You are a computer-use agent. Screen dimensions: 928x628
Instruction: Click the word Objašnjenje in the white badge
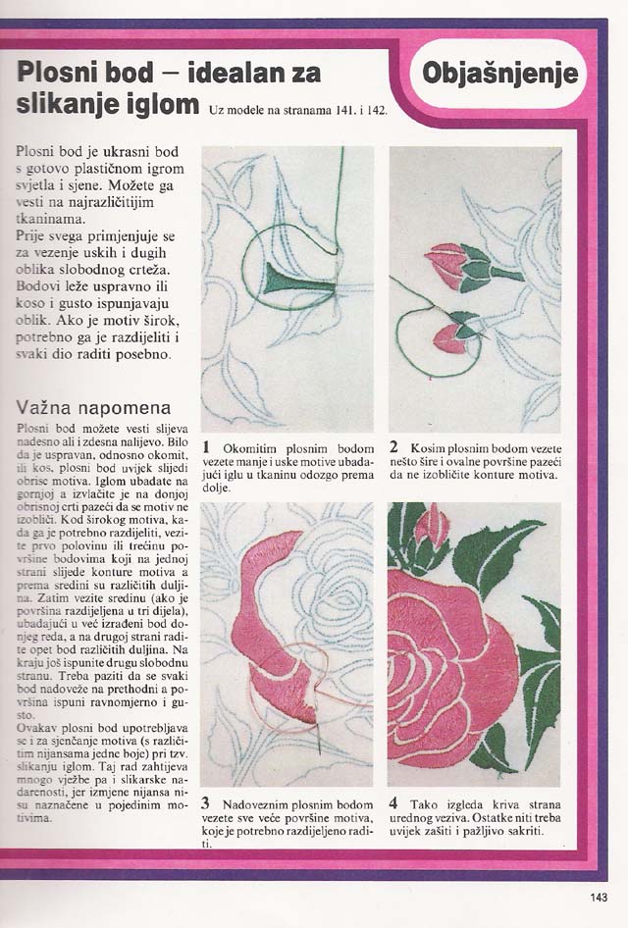coord(499,73)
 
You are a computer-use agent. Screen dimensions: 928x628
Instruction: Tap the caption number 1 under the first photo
coord(207,447)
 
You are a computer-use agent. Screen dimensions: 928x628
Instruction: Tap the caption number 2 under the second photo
coord(393,447)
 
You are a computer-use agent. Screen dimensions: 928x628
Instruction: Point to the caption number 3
coord(206,803)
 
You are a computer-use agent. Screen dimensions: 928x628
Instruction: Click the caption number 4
coord(393,803)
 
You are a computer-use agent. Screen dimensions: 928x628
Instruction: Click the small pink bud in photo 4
coord(431,530)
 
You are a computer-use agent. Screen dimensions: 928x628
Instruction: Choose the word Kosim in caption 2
coord(428,448)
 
